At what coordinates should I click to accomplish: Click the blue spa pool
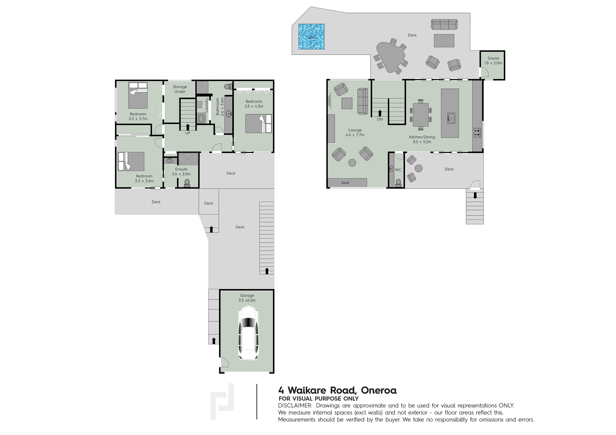pyautogui.click(x=311, y=36)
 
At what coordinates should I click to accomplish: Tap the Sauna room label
pyautogui.click(x=493, y=58)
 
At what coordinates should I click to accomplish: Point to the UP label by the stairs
pyautogui.click(x=188, y=133)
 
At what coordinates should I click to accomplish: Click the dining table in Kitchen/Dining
pyautogui.click(x=421, y=115)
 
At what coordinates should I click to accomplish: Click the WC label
pyautogui.click(x=398, y=170)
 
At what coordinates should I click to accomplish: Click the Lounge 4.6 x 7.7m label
pyautogui.click(x=355, y=132)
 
